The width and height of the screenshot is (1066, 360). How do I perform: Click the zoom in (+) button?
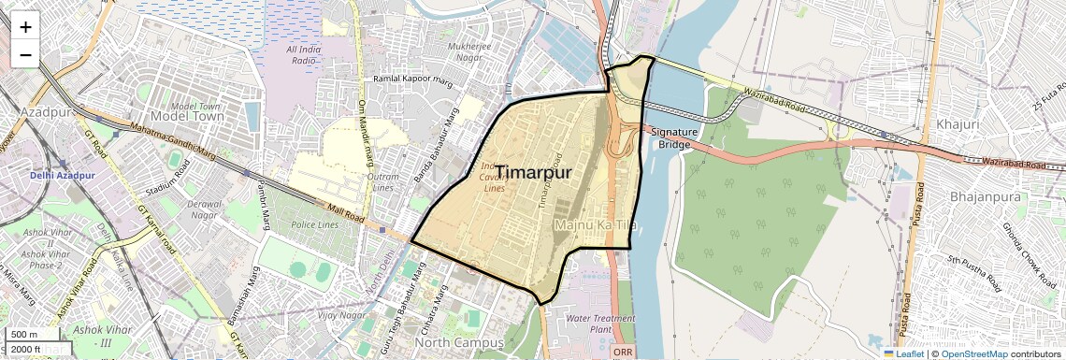click(x=25, y=27)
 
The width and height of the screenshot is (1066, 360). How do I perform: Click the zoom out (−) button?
click(x=25, y=54)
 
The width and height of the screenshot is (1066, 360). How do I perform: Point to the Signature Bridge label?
click(x=674, y=138)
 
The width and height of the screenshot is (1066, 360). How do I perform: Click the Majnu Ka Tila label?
click(x=596, y=225)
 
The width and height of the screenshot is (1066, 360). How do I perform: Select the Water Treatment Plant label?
click(x=600, y=324)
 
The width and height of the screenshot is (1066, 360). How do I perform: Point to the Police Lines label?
click(x=314, y=225)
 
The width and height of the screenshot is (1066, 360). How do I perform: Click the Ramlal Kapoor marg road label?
click(x=412, y=81)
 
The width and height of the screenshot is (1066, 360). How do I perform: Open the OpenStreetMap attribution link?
click(x=974, y=353)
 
